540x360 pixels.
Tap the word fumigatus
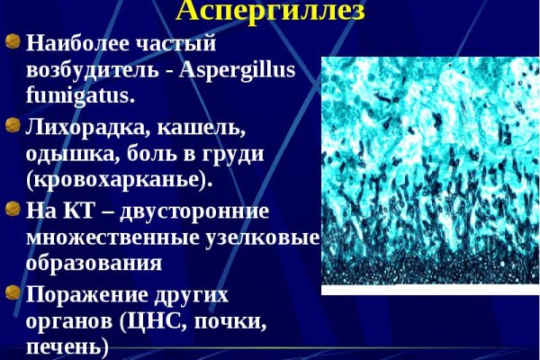tap(81, 93)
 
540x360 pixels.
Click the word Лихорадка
tap(82, 127)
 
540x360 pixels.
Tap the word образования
tap(94, 263)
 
